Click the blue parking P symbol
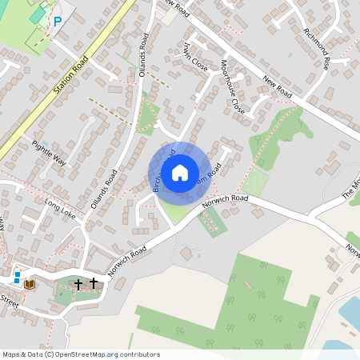pyautogui.click(x=57, y=22)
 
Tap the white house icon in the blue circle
pyautogui.click(x=180, y=173)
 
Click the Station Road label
pyautogui.click(x=70, y=70)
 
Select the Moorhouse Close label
pyautogui.click(x=233, y=86)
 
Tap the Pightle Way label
pyautogui.click(x=50, y=151)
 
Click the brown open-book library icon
pyautogui.click(x=30, y=283)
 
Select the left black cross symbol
pyautogui.click(x=78, y=283)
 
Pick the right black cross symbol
pyautogui.click(x=94, y=282)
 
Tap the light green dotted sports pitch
pyautogui.click(x=254, y=182)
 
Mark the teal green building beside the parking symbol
pyautogui.click(x=38, y=15)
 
